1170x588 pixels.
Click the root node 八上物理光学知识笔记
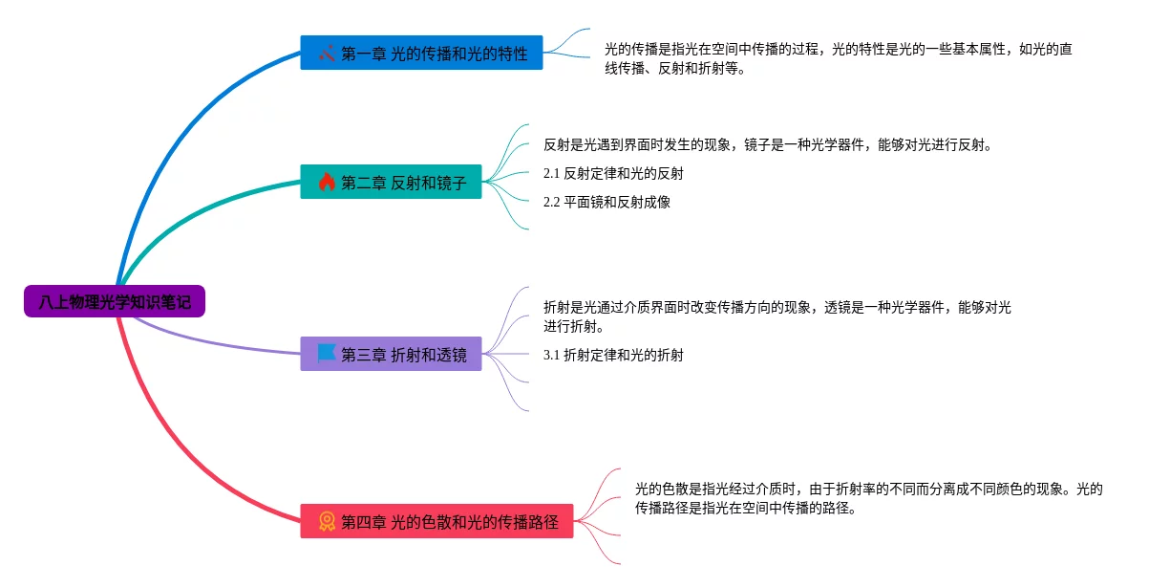[115, 302]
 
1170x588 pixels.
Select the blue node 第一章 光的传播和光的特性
[421, 54]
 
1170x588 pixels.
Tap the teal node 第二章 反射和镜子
[391, 182]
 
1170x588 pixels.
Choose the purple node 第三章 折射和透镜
[391, 354]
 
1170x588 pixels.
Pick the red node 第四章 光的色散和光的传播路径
[436, 521]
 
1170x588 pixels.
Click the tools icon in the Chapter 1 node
[327, 54]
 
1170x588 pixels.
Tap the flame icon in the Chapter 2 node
[327, 182]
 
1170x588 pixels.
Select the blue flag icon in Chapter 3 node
[327, 354]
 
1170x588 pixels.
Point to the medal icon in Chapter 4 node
[327, 521]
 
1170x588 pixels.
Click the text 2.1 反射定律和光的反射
[613, 174]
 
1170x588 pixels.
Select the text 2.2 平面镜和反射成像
[606, 202]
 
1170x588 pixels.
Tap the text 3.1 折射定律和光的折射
[613, 355]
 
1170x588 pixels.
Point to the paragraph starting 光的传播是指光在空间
[838, 58]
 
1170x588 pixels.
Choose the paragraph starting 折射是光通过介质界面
[776, 316]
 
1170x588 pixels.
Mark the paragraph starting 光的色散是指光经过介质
[869, 498]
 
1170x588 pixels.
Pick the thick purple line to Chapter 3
[220, 339]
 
